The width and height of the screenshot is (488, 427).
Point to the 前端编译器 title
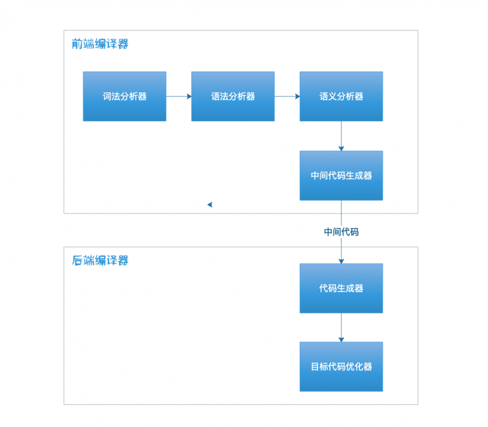click(x=100, y=44)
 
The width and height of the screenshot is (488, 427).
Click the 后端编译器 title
click(x=100, y=260)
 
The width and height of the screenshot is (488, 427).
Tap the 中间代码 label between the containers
click(x=341, y=232)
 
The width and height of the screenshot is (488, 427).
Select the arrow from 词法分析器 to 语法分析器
click(x=178, y=96)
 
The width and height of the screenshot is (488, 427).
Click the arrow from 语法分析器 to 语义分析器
click(x=286, y=96)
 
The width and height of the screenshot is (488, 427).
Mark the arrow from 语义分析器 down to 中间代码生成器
click(x=341, y=135)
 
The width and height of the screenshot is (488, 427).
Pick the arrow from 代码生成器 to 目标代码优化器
click(x=341, y=326)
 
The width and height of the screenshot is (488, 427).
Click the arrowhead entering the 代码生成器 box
click(x=341, y=261)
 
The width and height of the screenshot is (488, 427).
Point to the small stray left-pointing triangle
click(x=210, y=204)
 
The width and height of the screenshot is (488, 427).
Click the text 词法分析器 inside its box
click(x=125, y=97)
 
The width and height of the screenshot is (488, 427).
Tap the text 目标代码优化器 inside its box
click(x=341, y=366)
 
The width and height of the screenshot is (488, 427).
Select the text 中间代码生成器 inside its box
click(x=341, y=176)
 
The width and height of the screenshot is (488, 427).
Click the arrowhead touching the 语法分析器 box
click(x=189, y=96)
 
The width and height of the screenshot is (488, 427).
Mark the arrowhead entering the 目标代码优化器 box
click(x=341, y=339)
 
